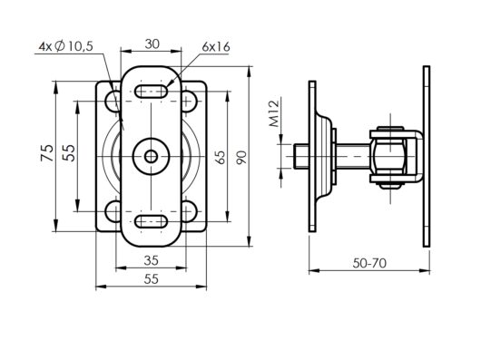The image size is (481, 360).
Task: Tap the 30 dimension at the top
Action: (x=152, y=44)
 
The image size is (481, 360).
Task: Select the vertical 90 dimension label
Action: (x=241, y=156)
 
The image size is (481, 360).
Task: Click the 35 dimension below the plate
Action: (x=152, y=260)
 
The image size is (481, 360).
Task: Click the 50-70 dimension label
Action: (x=368, y=263)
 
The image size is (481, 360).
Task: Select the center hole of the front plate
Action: (x=152, y=155)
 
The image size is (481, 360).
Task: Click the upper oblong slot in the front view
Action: (x=152, y=91)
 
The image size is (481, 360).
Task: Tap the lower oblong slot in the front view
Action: (x=152, y=221)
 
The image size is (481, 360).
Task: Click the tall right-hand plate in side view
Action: (x=424, y=155)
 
